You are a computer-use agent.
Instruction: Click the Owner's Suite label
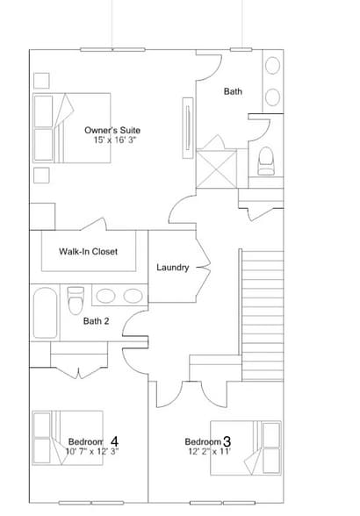112,131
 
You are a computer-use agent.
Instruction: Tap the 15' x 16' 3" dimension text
116,140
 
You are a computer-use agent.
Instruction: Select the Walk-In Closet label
89,252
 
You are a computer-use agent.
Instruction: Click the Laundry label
173,268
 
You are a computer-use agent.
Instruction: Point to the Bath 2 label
97,321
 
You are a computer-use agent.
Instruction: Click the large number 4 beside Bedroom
115,441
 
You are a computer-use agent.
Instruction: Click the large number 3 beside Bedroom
227,441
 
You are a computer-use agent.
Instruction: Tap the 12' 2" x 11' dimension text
208,451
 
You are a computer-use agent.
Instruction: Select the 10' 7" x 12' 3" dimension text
91,451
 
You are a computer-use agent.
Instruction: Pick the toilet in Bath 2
76,298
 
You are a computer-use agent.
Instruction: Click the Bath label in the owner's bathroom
233,91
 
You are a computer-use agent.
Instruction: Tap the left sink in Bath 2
106,296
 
